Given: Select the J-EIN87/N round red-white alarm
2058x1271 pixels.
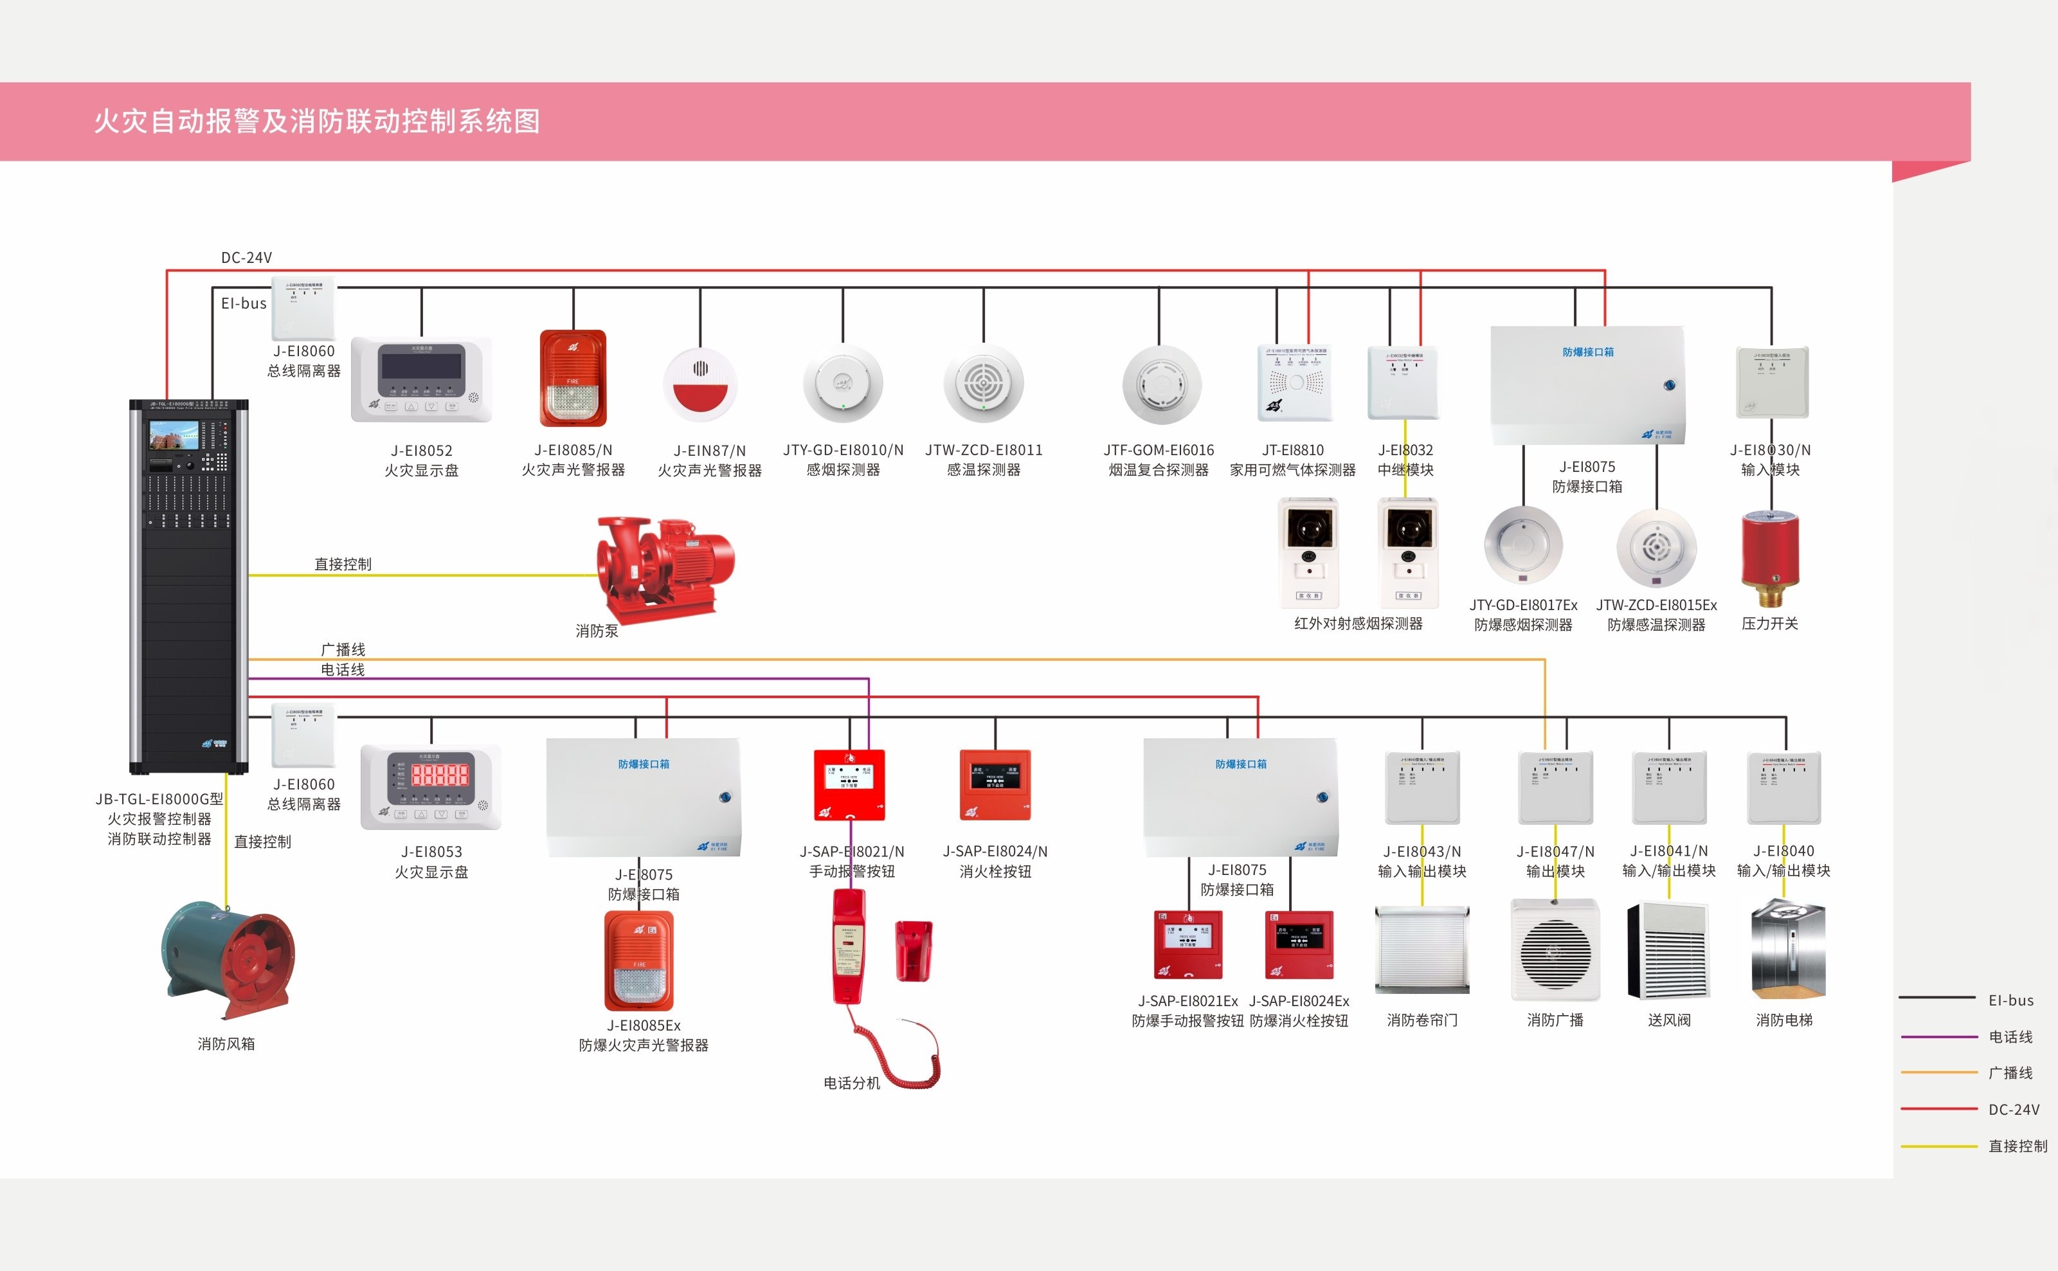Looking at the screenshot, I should (x=700, y=385).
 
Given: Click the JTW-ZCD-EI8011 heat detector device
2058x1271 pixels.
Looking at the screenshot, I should (x=984, y=383).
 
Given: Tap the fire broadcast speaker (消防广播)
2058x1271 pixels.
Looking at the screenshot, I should (x=1555, y=950).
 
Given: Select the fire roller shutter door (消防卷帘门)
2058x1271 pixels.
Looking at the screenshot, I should (x=1422, y=950).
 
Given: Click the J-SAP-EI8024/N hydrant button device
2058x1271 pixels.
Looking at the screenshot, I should (x=995, y=784).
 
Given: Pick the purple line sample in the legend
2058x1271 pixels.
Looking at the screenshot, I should (x=1938, y=1036).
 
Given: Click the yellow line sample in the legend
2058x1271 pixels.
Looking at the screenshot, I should (x=1938, y=1146).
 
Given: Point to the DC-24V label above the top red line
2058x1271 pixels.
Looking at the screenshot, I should (x=246, y=257).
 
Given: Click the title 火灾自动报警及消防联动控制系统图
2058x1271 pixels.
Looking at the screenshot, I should (x=317, y=121).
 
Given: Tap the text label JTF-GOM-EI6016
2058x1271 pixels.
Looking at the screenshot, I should (x=1159, y=451).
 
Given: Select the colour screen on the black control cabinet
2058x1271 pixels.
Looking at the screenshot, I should (x=174, y=435).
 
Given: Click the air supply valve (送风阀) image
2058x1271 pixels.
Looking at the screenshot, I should (x=1669, y=951).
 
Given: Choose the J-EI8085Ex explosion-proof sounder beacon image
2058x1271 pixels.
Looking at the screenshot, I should (x=639, y=962).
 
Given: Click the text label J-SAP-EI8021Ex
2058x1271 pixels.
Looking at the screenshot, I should (x=1188, y=1001).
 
